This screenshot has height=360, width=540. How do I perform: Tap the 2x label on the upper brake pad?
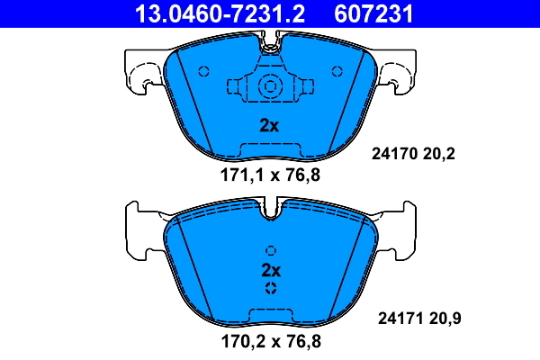[x=269, y=126]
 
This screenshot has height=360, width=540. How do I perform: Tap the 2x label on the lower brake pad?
[x=271, y=270]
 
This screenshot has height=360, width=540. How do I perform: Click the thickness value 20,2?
[x=440, y=154]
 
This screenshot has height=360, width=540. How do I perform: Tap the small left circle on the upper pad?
[x=203, y=71]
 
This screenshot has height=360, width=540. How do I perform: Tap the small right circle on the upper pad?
[x=337, y=71]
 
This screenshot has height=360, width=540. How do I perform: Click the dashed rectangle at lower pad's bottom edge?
[x=271, y=315]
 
